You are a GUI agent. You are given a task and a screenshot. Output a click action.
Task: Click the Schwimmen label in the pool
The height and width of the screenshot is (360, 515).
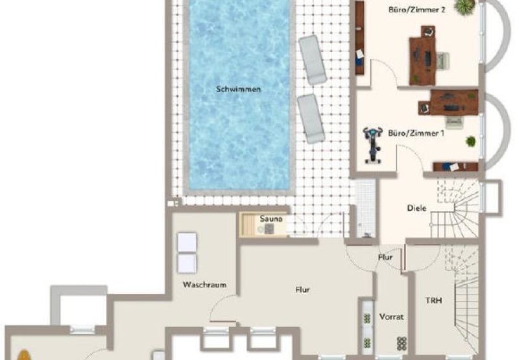coord(239,89)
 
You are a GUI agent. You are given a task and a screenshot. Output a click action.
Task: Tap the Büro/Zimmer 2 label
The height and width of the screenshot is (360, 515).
coord(417,10)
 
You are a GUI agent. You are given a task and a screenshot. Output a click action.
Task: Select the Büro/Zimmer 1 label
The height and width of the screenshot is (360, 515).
coord(416,133)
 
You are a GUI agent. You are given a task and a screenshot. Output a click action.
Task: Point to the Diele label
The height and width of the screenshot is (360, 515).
coord(416,208)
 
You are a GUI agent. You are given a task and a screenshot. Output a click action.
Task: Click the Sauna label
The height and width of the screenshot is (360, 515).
coord(271,219)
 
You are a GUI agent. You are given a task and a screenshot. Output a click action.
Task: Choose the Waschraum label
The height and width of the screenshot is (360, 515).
coord(204,285)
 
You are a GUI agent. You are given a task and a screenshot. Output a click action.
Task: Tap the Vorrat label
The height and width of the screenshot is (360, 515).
coord(391,317)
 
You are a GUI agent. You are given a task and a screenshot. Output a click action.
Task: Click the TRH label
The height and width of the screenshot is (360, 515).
coord(433,300)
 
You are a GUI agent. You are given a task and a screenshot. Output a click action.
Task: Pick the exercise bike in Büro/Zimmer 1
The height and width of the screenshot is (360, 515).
coord(373,145)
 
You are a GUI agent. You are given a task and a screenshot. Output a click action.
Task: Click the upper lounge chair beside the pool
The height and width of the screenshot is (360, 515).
coord(313,60)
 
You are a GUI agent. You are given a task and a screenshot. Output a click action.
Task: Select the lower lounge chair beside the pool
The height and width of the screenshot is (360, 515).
coord(311,119)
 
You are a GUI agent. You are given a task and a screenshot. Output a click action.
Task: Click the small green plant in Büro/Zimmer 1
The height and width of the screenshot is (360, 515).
coord(471,141)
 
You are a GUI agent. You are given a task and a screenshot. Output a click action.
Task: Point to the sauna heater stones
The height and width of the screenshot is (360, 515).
coord(269,229)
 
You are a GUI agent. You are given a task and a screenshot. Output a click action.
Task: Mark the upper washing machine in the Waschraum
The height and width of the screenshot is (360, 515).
coord(187,243)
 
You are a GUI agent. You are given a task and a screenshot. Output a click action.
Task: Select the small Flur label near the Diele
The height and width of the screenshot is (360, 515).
coord(385,258)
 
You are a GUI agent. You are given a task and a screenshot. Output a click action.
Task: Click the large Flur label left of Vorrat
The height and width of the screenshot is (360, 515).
coord(302,290)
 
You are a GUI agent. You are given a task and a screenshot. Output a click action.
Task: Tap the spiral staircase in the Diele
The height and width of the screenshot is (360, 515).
coord(455,209)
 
